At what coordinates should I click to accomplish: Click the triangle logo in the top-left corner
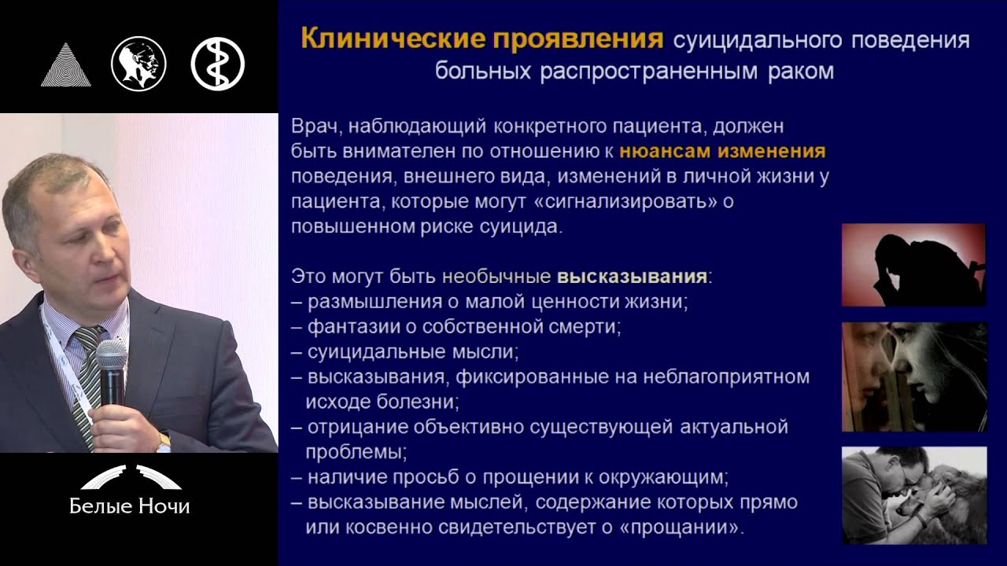pos(65,64)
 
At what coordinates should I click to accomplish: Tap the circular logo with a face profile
pos(138,64)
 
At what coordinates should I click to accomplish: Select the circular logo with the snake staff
pos(218,64)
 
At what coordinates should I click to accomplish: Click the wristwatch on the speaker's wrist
pos(164,443)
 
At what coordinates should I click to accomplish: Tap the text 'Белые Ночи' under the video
pos(130,505)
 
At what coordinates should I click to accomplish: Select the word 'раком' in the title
pos(799,72)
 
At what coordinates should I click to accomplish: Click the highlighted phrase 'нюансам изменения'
pos(722,151)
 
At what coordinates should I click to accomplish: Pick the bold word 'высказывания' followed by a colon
pos(632,277)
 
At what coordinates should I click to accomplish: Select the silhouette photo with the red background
pos(913,265)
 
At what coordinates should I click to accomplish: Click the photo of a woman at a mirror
pos(913,377)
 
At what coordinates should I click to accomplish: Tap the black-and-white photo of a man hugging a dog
pos(913,495)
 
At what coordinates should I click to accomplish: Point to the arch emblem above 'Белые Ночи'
pos(130,476)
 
